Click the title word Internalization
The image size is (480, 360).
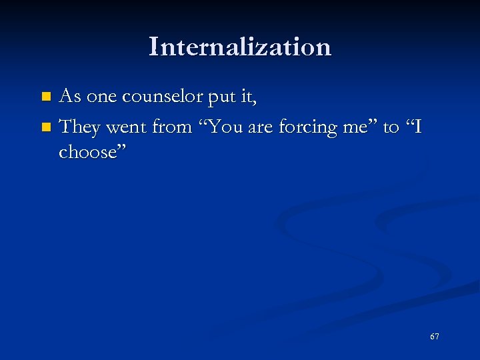pyautogui.click(x=240, y=47)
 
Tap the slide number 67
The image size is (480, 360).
pyautogui.click(x=435, y=337)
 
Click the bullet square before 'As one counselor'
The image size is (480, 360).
pyautogui.click(x=45, y=97)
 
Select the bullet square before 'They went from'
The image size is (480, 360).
pyautogui.click(x=45, y=126)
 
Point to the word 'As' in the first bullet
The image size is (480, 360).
pyautogui.click(x=70, y=97)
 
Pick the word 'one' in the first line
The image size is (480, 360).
pyautogui.click(x=102, y=97)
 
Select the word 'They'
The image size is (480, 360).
pyautogui.click(x=80, y=125)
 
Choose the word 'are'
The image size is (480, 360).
pyautogui.click(x=260, y=125)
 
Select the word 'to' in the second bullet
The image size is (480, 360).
pyautogui.click(x=391, y=125)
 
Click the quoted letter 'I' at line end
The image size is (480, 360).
pyautogui.click(x=418, y=125)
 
